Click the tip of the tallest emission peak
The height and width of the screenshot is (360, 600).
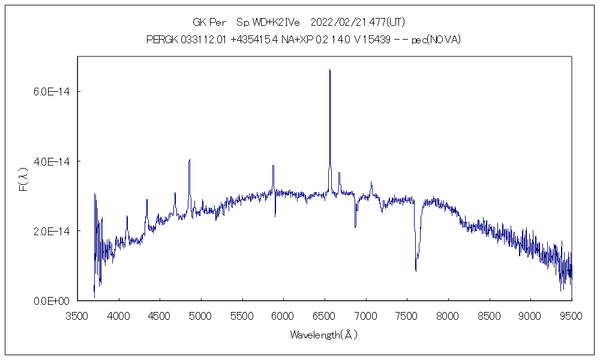(x=329, y=70)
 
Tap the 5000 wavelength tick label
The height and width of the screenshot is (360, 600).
(x=200, y=315)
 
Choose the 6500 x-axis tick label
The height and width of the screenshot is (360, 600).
(x=324, y=315)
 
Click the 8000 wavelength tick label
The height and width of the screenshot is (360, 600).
(x=448, y=315)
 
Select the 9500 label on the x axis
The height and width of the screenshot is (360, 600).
(x=571, y=315)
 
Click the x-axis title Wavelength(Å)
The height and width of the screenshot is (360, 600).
(x=323, y=335)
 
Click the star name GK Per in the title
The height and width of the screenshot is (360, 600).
(x=209, y=23)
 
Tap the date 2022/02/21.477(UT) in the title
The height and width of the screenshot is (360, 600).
(x=358, y=23)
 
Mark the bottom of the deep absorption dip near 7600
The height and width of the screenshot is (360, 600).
(x=416, y=271)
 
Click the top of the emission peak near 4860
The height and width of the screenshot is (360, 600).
(x=190, y=160)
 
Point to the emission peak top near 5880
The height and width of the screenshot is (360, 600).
(x=273, y=166)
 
